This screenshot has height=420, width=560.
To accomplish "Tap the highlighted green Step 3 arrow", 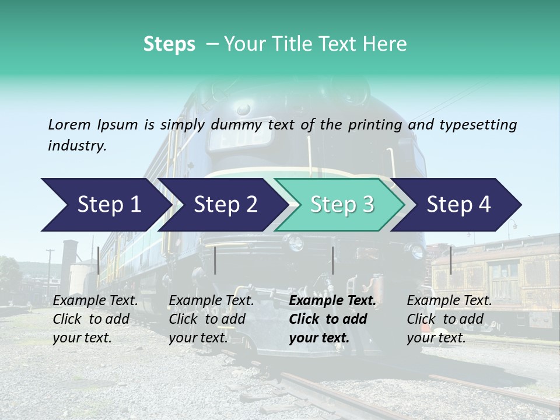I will [x=342, y=205].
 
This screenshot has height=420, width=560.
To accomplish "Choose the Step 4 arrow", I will [x=459, y=205].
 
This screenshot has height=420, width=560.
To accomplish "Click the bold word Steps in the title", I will [x=169, y=44].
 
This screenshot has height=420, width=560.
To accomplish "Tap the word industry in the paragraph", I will [x=77, y=146].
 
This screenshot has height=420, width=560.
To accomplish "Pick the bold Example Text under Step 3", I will [x=332, y=301].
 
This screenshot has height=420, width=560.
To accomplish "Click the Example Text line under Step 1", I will [x=95, y=301].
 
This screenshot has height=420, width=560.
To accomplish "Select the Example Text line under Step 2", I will [x=211, y=301].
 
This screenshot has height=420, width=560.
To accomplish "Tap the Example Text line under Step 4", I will [x=449, y=301].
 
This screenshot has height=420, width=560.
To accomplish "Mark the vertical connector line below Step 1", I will [x=99, y=260].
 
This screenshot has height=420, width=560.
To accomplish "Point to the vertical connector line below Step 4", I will [x=451, y=260].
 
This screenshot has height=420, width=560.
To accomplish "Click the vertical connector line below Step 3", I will [x=333, y=260].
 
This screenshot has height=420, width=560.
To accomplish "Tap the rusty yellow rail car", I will [x=496, y=274].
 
